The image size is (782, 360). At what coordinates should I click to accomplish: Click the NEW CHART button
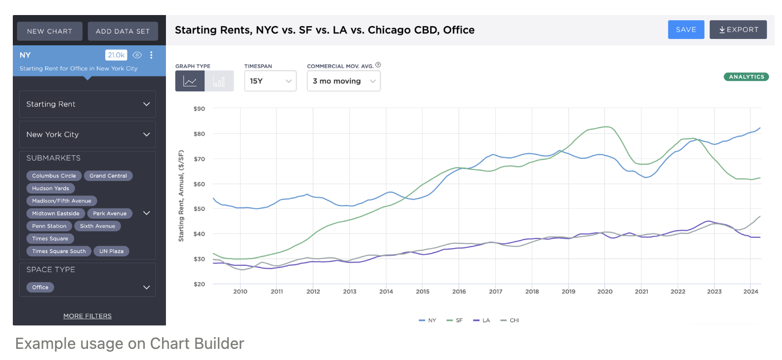pos(50,31)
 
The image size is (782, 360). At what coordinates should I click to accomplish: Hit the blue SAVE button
pos(686,30)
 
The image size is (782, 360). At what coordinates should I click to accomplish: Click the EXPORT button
pos(738,30)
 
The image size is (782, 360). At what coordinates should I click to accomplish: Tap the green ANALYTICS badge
pos(746,77)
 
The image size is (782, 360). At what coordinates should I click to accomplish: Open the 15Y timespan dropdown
pos(270,81)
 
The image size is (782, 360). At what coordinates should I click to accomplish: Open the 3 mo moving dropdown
pos(344,81)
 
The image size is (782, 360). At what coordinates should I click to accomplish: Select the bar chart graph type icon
pos(219,81)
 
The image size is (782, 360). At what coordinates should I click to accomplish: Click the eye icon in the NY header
pos(137,55)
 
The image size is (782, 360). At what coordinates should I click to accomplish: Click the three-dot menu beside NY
pos(151,55)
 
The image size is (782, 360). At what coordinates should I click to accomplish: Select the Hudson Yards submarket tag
pos(51,188)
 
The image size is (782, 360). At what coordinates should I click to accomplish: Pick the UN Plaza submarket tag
pos(111,251)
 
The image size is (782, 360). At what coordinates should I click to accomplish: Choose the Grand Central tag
pos(108,176)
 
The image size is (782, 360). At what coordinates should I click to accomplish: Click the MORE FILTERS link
pos(87,316)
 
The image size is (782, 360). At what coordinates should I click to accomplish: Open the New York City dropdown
pos(87,134)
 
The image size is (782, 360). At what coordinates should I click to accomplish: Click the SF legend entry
pos(454,320)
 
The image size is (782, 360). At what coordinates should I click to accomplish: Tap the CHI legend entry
pos(510,320)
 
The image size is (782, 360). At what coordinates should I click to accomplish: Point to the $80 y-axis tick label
pos(199,134)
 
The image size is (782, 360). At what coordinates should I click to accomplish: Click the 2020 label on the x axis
pos(605,291)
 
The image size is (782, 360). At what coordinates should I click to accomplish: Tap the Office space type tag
pos(40,288)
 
